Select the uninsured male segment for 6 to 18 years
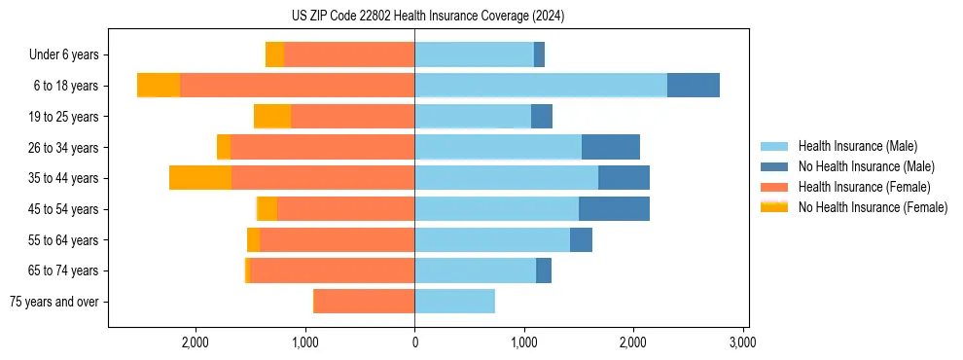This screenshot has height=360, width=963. pos(693,86)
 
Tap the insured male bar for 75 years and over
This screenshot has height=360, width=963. pos(454,302)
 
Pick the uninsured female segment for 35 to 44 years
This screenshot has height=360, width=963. pos(200,178)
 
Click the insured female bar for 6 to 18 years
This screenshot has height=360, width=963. pos(297,86)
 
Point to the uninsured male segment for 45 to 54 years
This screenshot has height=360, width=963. pos(614,209)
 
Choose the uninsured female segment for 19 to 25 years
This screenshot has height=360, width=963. pos(272,117)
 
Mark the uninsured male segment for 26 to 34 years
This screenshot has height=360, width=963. pos(610,147)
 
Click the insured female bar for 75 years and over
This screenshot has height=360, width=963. pos(364,302)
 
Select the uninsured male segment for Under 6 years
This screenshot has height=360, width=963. pos(539,54)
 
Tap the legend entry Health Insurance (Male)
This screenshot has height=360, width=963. pos(857,146)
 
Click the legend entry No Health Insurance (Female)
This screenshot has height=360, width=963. pos(873,207)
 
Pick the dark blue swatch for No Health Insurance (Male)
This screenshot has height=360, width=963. pos(774,166)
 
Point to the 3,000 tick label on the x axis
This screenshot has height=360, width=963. pos(742,342)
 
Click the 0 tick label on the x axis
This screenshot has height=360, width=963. pos(414,342)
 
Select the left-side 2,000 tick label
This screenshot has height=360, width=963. pos(196,342)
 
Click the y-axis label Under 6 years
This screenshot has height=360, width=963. pos(63,55)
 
